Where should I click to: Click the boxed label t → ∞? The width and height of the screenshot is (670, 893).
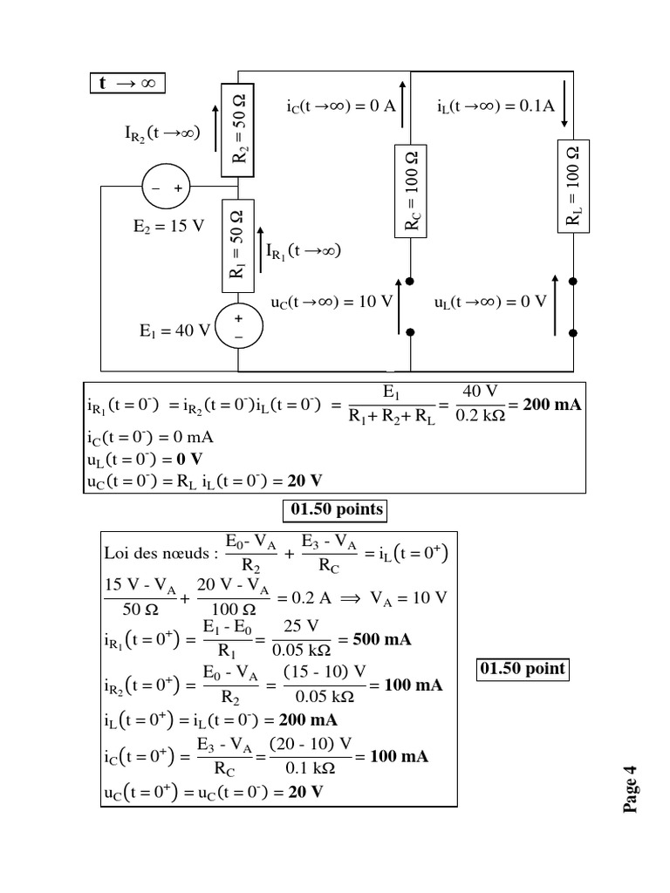tap(127, 84)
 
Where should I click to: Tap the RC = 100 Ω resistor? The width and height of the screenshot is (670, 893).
tap(410, 191)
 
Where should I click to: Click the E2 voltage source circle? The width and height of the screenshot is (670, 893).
tap(166, 187)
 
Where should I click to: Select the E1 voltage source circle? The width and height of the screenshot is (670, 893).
tap(239, 325)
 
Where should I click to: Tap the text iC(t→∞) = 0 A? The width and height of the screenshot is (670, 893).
tap(341, 106)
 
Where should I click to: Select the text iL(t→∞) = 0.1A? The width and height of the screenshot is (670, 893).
tap(496, 106)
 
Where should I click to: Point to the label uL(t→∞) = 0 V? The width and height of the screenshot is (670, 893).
tap(489, 303)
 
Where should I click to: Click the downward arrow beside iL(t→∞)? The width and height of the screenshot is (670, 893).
tap(565, 106)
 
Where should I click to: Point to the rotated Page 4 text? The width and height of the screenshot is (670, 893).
tap(632, 788)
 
